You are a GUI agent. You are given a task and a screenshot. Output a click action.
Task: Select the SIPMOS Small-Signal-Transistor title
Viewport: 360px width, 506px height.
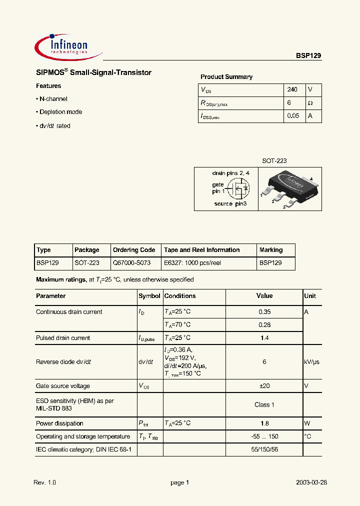(x=93, y=73)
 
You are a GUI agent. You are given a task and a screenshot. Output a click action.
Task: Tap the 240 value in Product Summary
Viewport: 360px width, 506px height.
(x=292, y=89)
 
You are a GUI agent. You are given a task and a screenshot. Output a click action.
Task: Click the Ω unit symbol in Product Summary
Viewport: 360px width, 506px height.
(x=310, y=103)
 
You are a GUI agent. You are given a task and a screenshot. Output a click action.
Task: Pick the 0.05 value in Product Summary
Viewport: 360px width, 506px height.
(x=293, y=116)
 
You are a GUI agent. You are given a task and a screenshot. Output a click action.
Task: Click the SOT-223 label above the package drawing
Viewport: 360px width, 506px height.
(x=274, y=161)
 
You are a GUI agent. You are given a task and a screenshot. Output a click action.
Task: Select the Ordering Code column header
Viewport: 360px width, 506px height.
(x=134, y=250)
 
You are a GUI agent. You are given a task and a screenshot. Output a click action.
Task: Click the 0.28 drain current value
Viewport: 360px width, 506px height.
(x=264, y=324)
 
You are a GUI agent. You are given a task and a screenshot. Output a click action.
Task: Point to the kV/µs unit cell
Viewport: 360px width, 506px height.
(x=311, y=362)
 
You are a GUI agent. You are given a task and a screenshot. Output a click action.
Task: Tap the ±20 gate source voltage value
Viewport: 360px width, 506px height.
(x=264, y=386)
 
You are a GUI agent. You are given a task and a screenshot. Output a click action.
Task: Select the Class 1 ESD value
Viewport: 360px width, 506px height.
(x=264, y=404)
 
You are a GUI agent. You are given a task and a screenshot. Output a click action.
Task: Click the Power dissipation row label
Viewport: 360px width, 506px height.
(x=59, y=423)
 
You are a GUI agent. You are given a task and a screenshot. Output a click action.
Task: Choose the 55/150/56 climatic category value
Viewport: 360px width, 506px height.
(x=264, y=450)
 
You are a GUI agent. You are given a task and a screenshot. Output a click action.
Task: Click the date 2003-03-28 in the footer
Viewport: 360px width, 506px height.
(x=311, y=482)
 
